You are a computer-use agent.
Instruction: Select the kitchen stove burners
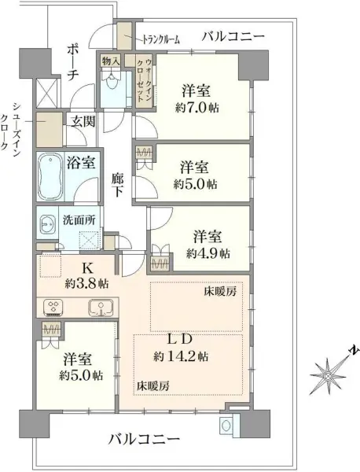coord(57,307)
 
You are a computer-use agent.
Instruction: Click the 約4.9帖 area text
coord(208,253)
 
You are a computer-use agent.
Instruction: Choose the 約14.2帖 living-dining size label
coord(182,356)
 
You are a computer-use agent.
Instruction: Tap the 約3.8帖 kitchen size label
coord(88,282)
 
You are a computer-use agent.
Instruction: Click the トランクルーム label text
coord(161,39)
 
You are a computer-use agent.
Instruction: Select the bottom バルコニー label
coord(138,437)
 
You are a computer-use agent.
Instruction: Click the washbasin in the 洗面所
coord(45,223)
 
